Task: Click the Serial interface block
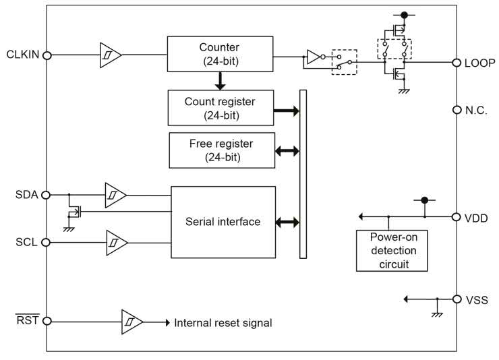click(x=223, y=222)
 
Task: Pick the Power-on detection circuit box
click(x=393, y=251)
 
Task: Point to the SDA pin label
click(x=26, y=195)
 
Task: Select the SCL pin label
click(x=26, y=242)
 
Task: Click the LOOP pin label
click(x=480, y=63)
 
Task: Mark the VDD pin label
click(x=477, y=218)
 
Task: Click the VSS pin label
click(x=477, y=299)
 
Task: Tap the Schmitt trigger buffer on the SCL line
click(x=116, y=242)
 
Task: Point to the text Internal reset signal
click(x=223, y=323)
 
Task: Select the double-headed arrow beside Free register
click(x=287, y=152)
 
